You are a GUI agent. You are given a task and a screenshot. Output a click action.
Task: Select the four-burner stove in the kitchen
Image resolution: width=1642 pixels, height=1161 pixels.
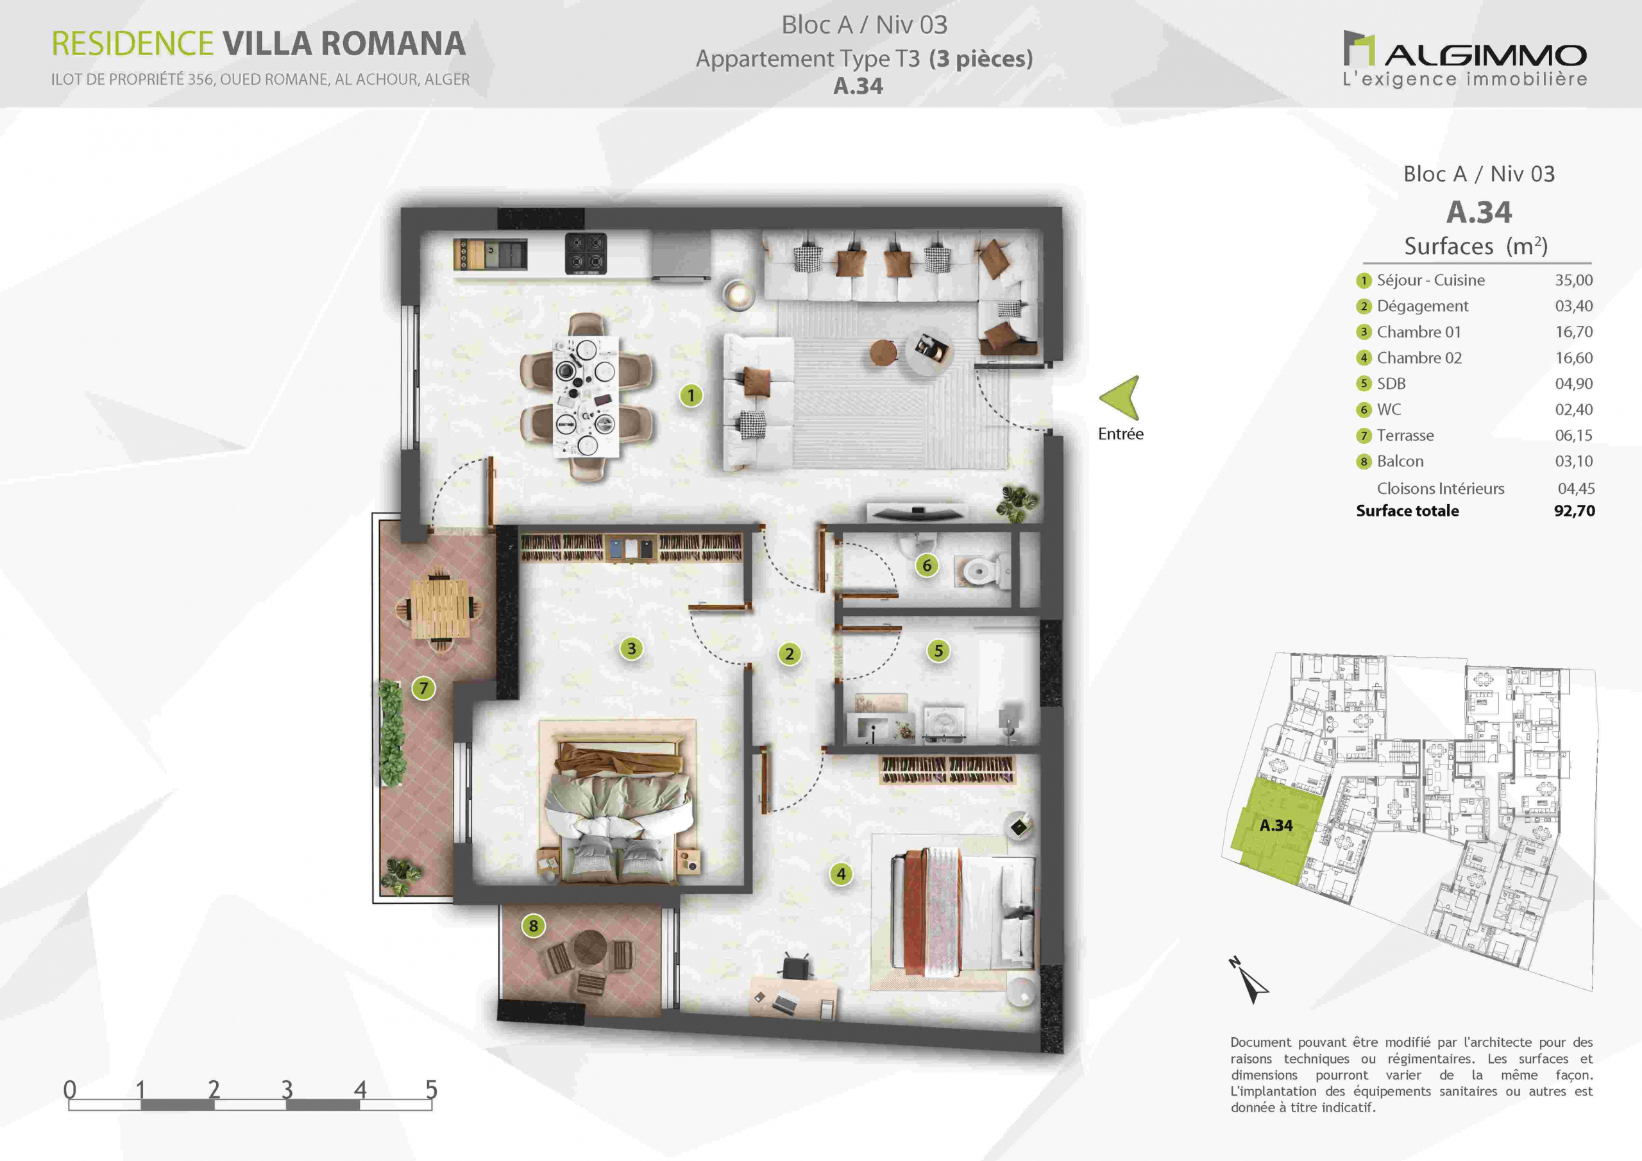coord(586,253)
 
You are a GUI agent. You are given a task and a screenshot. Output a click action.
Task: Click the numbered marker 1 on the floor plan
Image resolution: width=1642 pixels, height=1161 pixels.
coord(691,396)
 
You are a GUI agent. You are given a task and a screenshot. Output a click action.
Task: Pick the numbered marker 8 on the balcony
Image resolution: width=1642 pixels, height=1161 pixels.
coord(534,926)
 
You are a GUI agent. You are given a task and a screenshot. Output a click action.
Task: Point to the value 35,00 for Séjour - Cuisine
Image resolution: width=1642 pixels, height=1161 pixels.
coord(1573,280)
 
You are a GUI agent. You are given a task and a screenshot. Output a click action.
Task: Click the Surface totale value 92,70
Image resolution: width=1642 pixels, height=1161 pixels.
coord(1574,511)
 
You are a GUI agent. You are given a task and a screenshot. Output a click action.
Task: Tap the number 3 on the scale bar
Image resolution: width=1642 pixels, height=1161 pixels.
coord(287,1089)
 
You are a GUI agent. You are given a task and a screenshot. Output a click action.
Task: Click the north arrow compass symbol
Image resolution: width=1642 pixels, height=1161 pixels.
coord(1250,981)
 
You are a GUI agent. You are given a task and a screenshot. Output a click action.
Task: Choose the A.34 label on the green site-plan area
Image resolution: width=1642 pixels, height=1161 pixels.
coord(1276,826)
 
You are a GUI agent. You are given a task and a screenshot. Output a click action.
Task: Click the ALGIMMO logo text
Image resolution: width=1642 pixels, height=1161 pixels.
coord(1485,55)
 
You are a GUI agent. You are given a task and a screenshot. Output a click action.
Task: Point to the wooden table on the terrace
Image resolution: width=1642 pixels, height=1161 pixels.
coord(440,608)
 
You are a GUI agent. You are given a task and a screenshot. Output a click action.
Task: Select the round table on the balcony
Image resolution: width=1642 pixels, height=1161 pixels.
coord(590,948)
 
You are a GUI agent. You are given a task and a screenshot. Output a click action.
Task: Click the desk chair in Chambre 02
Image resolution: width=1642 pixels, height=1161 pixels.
coord(795,967)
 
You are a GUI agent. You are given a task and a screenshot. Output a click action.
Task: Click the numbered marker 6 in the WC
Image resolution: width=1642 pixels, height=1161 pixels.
coord(927,566)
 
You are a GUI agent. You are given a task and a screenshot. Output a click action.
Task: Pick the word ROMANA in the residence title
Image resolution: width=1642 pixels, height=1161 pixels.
coord(393,44)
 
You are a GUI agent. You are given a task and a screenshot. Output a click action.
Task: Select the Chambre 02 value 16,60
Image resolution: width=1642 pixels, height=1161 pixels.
coord(1573,358)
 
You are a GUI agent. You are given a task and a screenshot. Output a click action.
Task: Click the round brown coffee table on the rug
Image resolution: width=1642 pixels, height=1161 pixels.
coord(883,353)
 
